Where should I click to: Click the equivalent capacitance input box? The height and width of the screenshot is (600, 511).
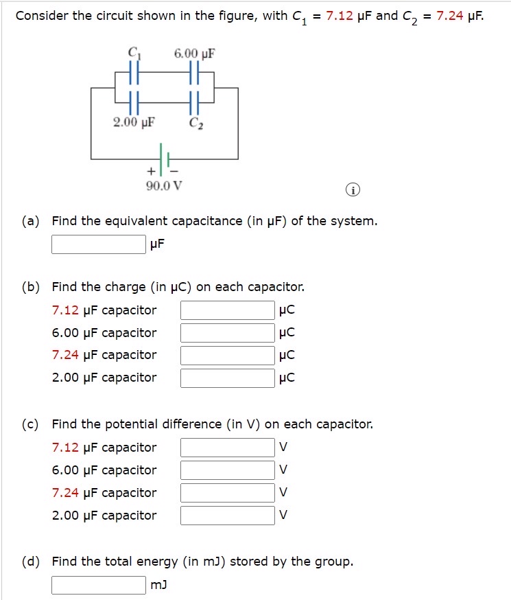[x=99, y=244]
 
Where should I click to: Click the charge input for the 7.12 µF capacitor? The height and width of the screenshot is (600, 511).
[x=228, y=310]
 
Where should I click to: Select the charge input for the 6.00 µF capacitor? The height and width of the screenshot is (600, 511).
[x=228, y=333]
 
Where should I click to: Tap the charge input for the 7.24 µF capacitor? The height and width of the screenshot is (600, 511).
[x=228, y=355]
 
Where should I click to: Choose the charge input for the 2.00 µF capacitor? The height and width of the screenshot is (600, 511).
[x=228, y=378]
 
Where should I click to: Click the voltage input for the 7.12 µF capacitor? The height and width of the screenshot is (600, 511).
[x=228, y=448]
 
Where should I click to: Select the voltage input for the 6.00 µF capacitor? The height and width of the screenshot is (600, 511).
[x=228, y=470]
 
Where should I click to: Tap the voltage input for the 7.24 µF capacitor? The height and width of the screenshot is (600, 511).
[x=228, y=493]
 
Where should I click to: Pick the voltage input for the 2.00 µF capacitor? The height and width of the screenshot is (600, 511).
[x=228, y=516]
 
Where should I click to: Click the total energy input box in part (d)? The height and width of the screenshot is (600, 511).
[x=99, y=585]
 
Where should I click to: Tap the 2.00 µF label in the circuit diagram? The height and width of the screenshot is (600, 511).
[x=134, y=123]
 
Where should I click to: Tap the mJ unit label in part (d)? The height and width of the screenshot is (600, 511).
[x=158, y=585]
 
